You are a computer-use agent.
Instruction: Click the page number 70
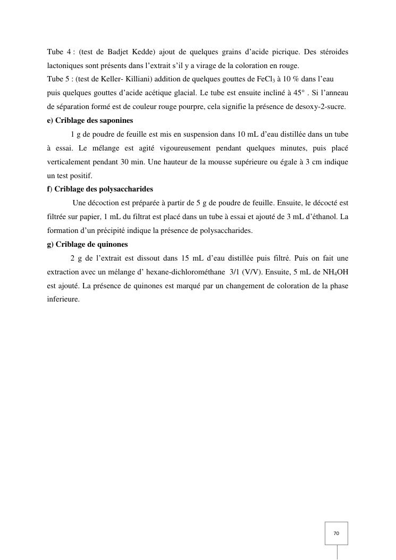coord(336,533)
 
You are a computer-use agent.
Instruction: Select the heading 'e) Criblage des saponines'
coord(90,120)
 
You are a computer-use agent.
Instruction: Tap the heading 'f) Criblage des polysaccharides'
coord(100,189)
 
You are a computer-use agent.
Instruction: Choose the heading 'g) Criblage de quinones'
coord(87,245)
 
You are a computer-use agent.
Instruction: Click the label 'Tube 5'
coord(58,79)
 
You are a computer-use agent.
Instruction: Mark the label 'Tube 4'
coord(58,52)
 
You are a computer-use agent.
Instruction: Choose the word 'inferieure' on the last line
coord(63,299)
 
